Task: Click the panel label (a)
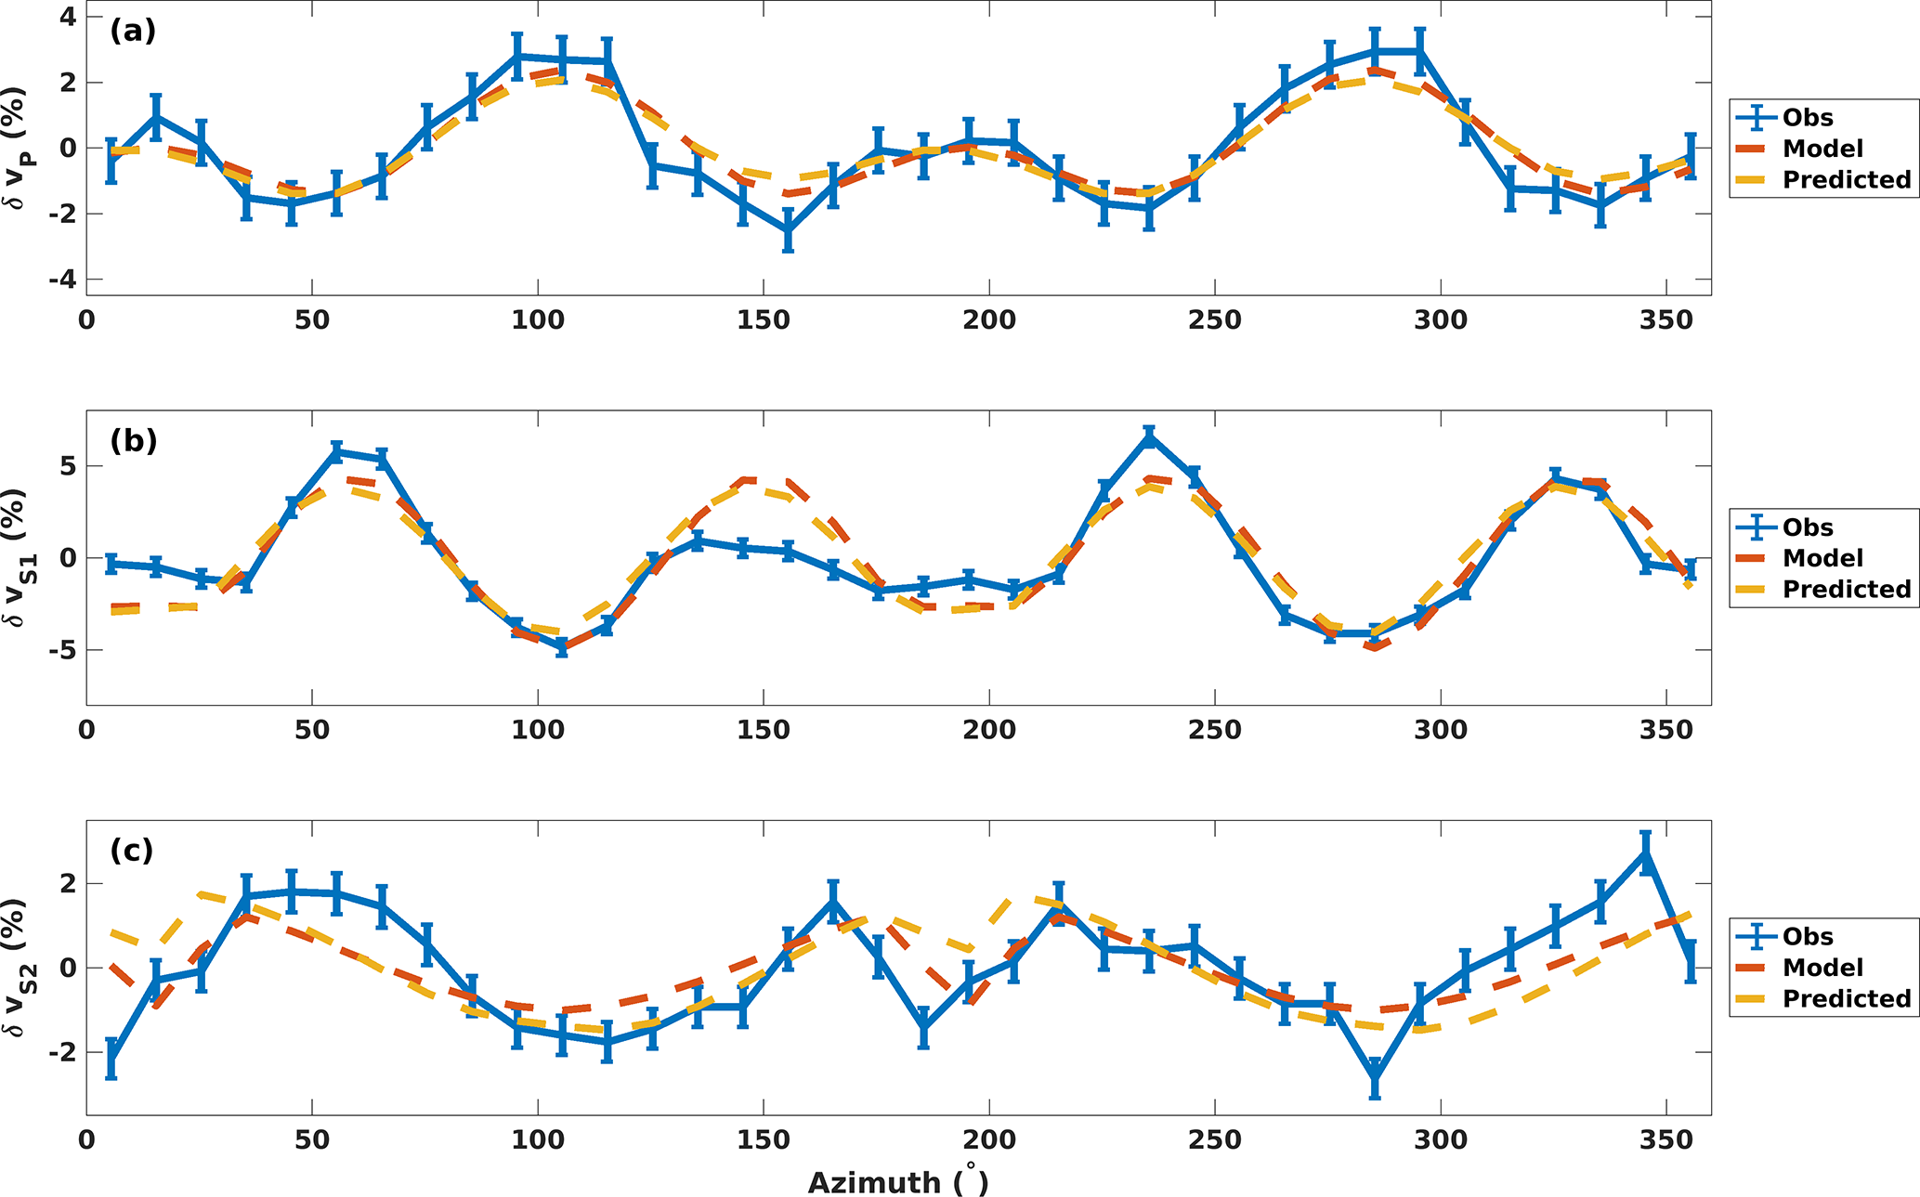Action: click(x=132, y=32)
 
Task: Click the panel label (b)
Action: click(x=133, y=441)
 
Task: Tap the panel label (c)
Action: click(x=132, y=851)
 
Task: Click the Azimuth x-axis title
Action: click(x=897, y=1181)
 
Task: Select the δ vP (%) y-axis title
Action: click(x=20, y=149)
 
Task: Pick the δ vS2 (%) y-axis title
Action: click(x=20, y=968)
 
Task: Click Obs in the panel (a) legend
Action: click(x=1807, y=118)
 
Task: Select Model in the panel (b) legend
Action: click(x=1822, y=558)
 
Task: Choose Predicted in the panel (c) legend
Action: click(x=1846, y=999)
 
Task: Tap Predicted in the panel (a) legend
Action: click(x=1846, y=180)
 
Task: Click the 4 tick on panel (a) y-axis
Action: click(x=69, y=17)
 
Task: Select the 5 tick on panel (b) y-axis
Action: click(x=69, y=466)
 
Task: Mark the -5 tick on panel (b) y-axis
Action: click(x=63, y=650)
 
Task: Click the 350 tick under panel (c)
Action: click(x=1666, y=1139)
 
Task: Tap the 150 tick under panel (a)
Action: click(x=764, y=320)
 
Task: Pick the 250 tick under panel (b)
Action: click(x=1215, y=730)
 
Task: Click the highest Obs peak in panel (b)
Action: click(x=1149, y=437)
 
